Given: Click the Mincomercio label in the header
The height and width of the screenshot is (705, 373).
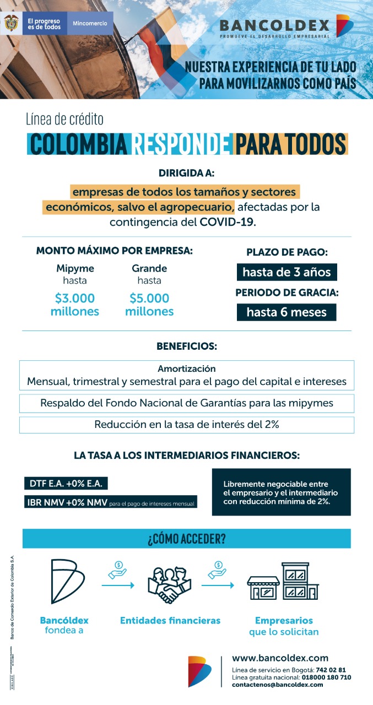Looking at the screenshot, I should [90, 24].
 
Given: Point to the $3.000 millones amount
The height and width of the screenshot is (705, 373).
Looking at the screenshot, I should [75, 305].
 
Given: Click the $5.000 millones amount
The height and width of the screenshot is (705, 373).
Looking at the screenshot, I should [149, 305].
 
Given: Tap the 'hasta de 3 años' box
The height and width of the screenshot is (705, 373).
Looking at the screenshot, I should [286, 272].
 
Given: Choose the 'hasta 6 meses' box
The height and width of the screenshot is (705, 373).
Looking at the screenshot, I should [286, 312].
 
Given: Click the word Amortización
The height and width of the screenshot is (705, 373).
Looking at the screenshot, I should [187, 368].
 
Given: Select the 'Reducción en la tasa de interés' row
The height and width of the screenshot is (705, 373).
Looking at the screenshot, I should [187, 425].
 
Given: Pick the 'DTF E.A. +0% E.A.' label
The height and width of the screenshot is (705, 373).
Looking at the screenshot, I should [66, 484].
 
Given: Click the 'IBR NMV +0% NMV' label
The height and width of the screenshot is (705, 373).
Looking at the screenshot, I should [67, 502].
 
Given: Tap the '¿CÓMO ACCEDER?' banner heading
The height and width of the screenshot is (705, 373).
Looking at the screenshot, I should [187, 539].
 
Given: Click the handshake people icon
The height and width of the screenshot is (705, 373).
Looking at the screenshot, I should [170, 585].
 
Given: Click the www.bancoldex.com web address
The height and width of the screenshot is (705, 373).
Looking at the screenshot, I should [280, 658].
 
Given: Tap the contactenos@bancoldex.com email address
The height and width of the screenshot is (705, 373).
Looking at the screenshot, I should [278, 684].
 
